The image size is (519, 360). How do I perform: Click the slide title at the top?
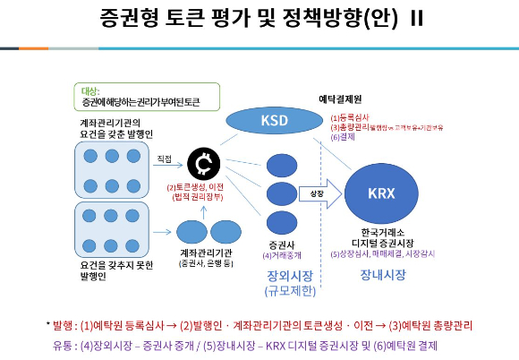[259, 21]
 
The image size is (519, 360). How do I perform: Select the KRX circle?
[381, 192]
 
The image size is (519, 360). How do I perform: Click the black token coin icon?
[205, 163]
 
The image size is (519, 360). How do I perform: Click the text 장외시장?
[285, 277]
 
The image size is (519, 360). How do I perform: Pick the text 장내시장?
[381, 276]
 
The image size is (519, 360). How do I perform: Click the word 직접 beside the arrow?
[164, 159]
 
